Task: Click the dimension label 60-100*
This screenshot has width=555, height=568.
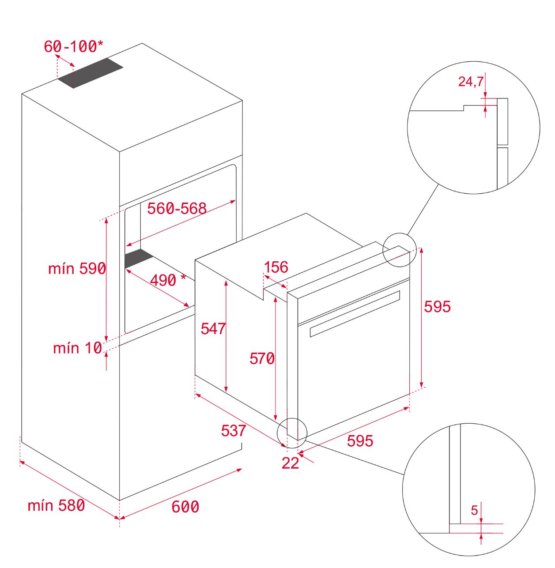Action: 73,46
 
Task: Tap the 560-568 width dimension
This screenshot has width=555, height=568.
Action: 177,208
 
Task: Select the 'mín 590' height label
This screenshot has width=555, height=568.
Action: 77,268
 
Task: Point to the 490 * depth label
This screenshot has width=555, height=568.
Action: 167,280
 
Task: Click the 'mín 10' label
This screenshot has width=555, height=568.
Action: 77,348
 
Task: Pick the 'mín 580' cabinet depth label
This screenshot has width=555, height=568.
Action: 56,505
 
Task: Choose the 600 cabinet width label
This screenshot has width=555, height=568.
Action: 185,507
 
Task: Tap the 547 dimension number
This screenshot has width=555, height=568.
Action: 213,328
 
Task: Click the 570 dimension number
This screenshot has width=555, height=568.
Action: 262,358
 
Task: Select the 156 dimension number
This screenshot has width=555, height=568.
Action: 276,267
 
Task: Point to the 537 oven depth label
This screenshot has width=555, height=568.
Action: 233,430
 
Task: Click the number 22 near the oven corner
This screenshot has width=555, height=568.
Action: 290,463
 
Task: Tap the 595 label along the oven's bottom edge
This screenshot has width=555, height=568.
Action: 360,440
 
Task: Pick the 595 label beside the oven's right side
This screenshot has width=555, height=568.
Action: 437,306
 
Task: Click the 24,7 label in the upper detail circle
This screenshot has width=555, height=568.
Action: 471,82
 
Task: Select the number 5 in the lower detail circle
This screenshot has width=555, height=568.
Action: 474,511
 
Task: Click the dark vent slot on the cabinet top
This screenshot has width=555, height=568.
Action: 91,73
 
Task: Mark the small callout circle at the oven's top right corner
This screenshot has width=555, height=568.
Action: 400,250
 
